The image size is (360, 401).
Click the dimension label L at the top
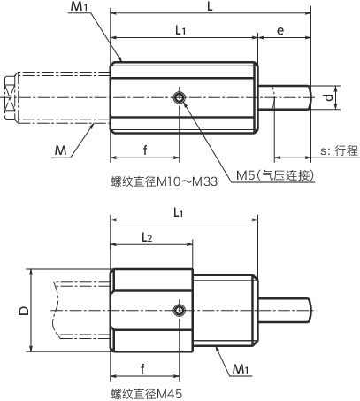209,7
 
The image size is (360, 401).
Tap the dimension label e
280,31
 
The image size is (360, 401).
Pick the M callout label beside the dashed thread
60,152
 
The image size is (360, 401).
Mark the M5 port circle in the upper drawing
180,97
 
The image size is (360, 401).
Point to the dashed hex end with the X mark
11,96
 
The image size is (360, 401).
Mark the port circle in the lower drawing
180,310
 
